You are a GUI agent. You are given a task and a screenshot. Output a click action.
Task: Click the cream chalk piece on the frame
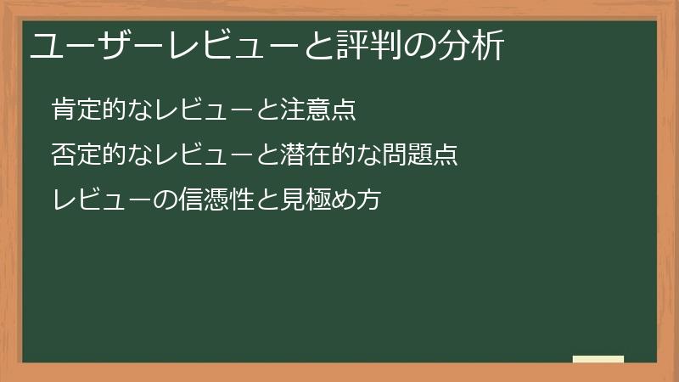click(x=598, y=359)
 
